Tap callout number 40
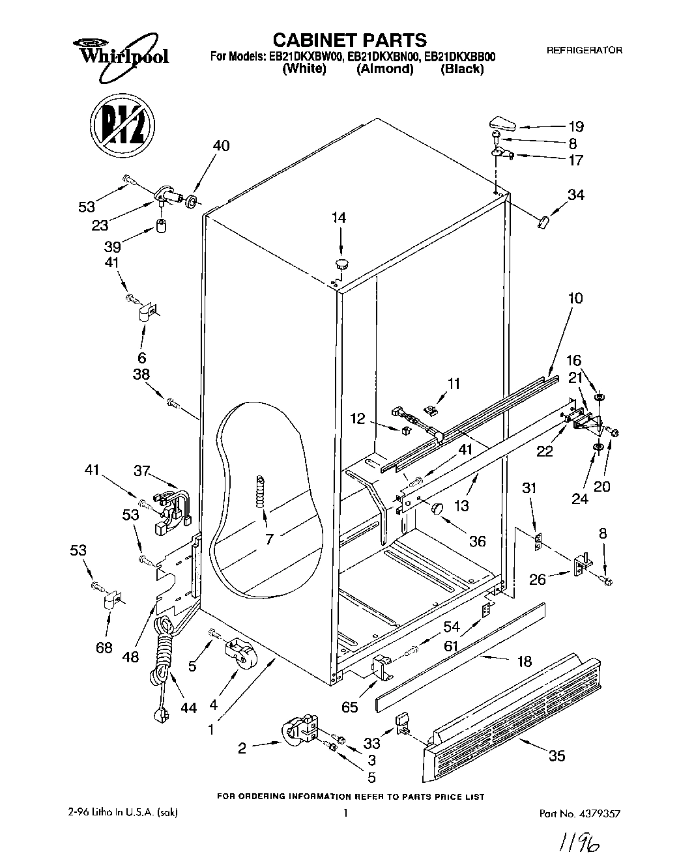coord(221,146)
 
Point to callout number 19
coord(575,127)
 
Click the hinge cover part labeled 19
coord(504,122)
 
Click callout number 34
coord(575,194)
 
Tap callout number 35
coord(556,755)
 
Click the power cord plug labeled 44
coord(160,715)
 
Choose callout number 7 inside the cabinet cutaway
coord(268,539)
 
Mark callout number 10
coord(575,299)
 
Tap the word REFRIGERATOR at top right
coord(584,50)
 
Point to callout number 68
coord(104,647)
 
